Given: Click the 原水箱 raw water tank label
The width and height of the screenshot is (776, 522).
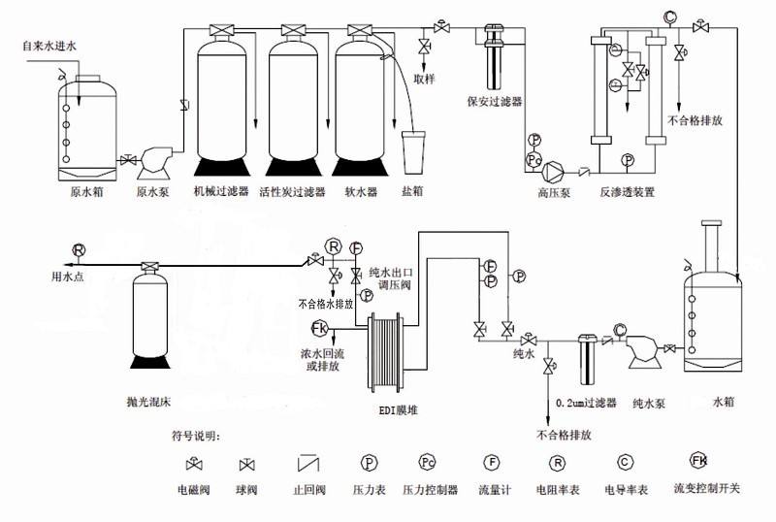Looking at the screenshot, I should [87, 192].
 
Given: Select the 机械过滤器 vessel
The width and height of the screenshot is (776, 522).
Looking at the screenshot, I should [225, 97].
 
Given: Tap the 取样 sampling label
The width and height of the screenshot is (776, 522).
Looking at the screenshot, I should [424, 78].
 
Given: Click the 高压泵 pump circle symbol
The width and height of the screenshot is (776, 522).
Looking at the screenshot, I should [554, 172].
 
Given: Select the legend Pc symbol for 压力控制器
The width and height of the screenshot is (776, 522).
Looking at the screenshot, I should [429, 462].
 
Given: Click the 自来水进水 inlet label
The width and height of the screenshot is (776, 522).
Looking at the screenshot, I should [49, 46].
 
